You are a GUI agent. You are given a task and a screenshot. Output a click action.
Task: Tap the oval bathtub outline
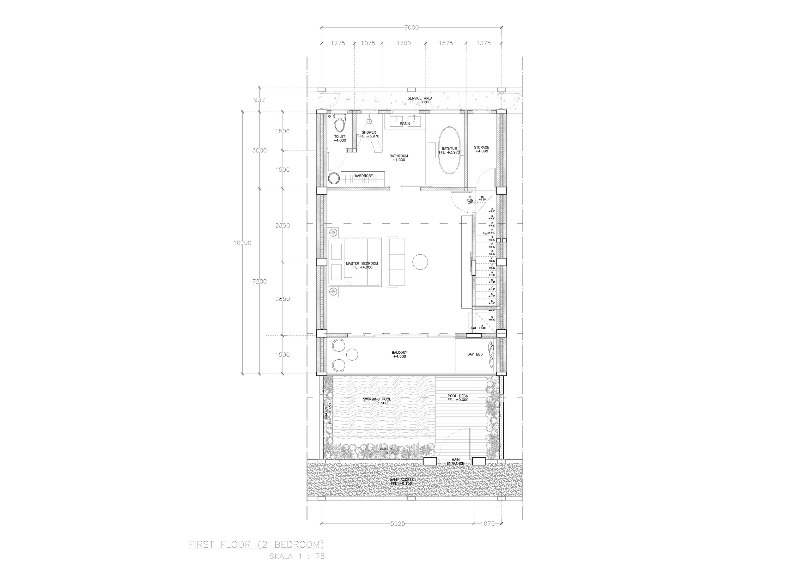tap(449, 150)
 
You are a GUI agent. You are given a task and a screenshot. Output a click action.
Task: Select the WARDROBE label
tap(363, 176)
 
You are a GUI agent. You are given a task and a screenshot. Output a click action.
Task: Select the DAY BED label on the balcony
tap(475, 354)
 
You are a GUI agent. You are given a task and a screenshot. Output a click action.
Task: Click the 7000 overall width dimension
tap(411, 27)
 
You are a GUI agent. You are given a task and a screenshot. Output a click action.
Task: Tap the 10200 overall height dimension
tap(242, 243)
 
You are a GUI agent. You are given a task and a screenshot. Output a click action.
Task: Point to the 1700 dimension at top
tap(404, 43)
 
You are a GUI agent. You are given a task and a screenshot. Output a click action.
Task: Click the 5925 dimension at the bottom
tap(398, 533)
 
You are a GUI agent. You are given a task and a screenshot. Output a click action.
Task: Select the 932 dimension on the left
tap(259, 100)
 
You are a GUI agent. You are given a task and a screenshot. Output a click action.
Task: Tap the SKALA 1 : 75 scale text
tap(297, 557)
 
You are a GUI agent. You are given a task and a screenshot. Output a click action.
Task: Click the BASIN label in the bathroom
tap(405, 124)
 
